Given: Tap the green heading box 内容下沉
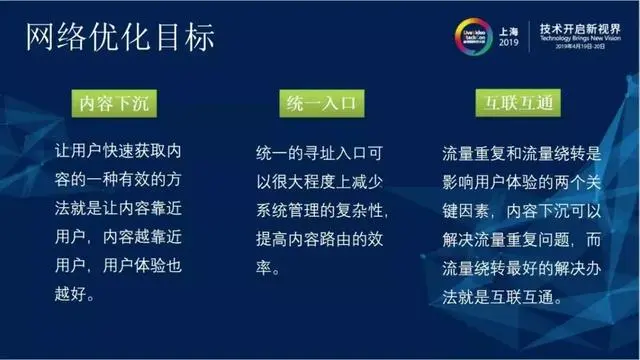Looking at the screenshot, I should pyautogui.click(x=119, y=103).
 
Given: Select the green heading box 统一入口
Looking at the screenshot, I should pyautogui.click(x=319, y=103).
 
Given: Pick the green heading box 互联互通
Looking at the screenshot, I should pyautogui.click(x=519, y=103).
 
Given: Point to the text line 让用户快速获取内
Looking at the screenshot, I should pyautogui.click(x=119, y=153).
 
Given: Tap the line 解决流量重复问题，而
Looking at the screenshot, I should pyautogui.click(x=521, y=240).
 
